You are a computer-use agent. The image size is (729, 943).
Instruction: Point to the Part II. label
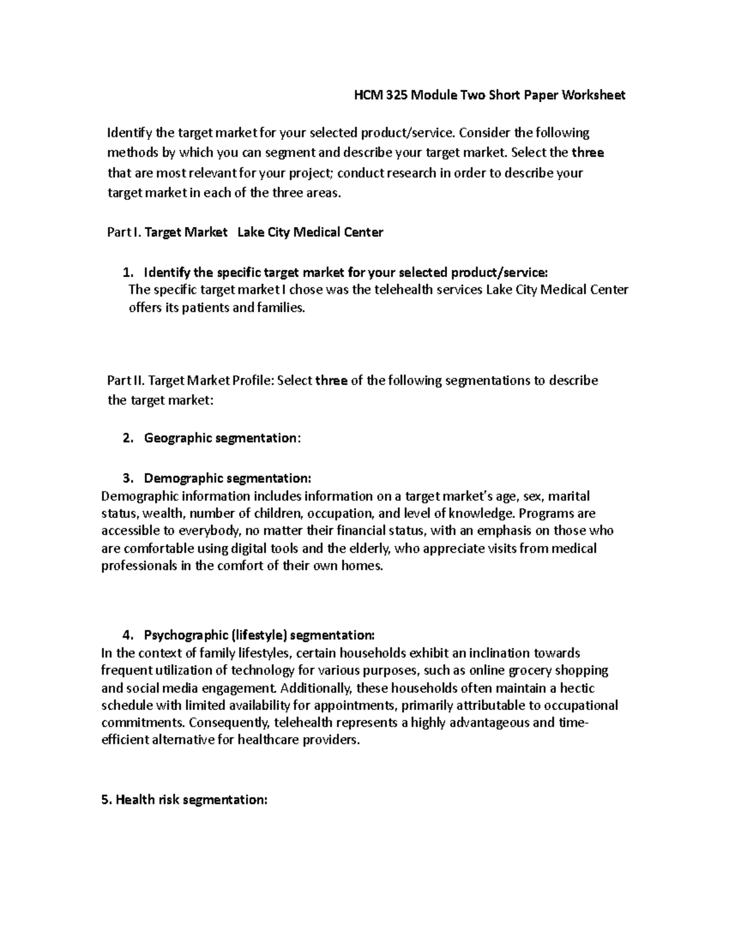click(124, 381)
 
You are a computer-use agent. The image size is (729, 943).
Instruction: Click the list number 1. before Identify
click(127, 271)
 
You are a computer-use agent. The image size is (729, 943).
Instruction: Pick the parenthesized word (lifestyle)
click(258, 636)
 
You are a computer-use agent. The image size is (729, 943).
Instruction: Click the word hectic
click(577, 689)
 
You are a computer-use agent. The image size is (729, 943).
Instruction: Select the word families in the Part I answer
click(278, 308)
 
